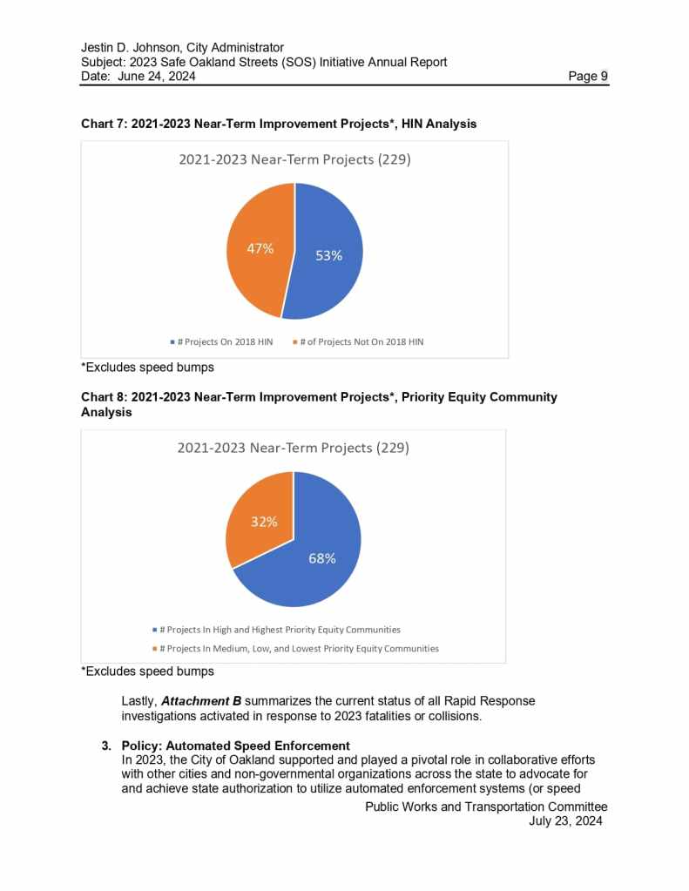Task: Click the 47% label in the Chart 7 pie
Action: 259,248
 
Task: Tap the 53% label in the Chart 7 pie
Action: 328,255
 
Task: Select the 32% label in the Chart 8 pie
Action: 264,522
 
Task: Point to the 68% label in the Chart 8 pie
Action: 322,558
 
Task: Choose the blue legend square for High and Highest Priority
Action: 154,629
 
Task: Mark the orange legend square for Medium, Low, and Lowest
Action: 154,649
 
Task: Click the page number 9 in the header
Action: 603,77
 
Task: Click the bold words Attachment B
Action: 201,701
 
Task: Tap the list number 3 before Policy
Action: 106,746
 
